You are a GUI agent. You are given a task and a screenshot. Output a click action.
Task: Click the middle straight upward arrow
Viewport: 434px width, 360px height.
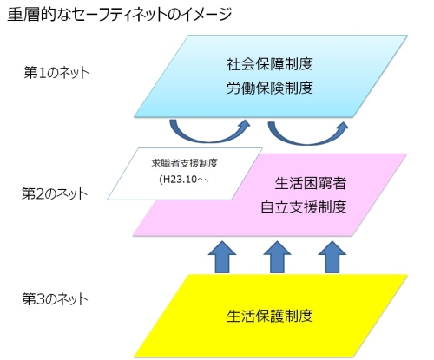[276, 257]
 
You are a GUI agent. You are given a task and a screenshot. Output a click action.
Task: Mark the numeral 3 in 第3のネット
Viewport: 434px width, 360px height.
[38, 300]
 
